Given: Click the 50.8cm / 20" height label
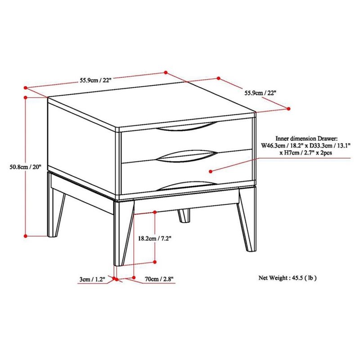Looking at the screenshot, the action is click(25, 167).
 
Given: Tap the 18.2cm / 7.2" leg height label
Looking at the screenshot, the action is click(155, 238).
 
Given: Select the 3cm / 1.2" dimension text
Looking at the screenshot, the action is click(92, 279).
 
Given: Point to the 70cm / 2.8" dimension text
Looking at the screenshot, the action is click(159, 279).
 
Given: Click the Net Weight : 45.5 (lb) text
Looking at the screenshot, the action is click(288, 278).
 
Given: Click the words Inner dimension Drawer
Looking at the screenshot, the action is click(306, 139).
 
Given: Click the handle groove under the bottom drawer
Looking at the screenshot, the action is click(187, 185).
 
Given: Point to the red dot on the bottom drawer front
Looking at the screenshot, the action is click(211, 171).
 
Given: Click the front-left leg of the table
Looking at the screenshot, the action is click(123, 233).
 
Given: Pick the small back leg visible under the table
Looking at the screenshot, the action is click(184, 216).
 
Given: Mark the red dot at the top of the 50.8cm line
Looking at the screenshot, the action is click(26, 98).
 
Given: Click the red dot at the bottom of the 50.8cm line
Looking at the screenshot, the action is click(26, 236).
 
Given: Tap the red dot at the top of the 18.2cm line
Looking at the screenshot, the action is click(155, 212).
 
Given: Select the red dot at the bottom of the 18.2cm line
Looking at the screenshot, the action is click(155, 262).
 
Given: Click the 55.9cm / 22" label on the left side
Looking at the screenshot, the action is click(96, 80).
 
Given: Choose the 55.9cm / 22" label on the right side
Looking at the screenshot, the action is click(261, 93).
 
